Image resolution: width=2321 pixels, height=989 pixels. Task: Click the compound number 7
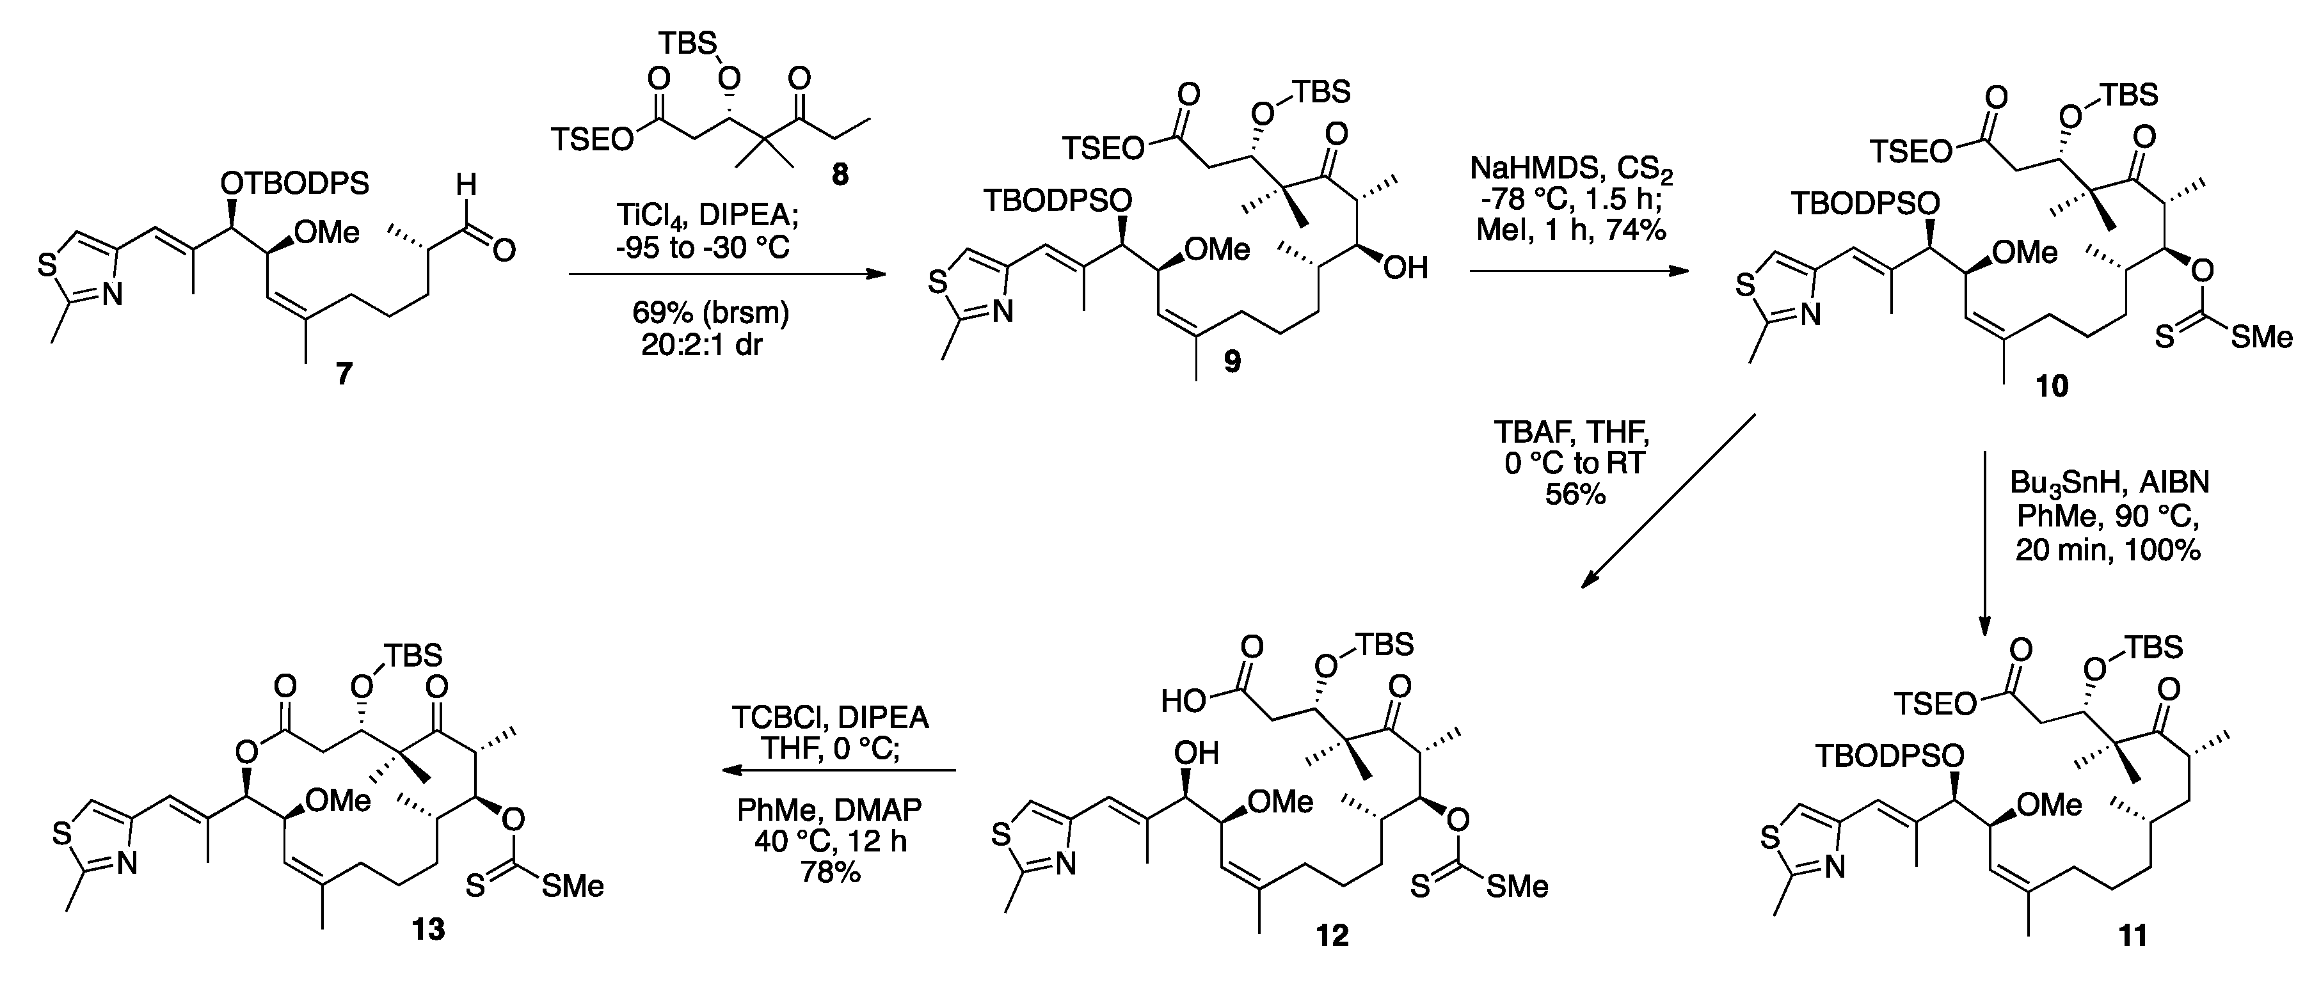pos(344,373)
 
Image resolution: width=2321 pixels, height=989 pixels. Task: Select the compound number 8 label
pos(839,175)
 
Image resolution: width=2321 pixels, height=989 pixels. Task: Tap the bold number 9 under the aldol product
pos(1232,361)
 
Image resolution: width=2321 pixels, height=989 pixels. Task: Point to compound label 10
pos(2052,386)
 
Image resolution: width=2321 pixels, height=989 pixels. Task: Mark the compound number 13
pos(429,929)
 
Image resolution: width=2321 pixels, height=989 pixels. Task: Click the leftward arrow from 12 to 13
pos(838,770)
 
